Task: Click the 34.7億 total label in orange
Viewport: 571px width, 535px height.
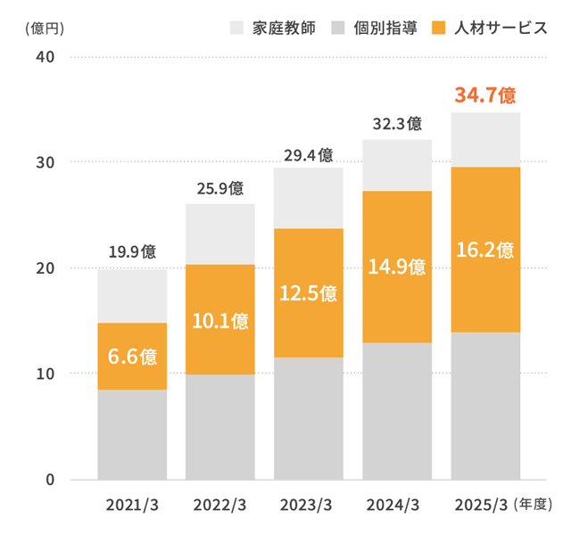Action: [485, 95]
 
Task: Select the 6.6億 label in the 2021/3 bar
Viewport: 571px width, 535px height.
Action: [132, 357]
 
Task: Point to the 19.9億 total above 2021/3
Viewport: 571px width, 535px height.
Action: [132, 251]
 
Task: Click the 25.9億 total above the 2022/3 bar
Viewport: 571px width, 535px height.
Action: [219, 188]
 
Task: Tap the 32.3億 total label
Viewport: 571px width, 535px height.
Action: [396, 124]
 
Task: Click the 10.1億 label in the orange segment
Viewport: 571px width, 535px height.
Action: [219, 321]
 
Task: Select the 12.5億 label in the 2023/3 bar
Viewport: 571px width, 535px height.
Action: [308, 293]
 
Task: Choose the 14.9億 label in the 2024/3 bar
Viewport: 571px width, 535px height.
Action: [396, 267]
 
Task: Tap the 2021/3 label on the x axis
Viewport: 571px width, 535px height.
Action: [132, 506]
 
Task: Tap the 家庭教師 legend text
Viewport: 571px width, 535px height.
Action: [284, 28]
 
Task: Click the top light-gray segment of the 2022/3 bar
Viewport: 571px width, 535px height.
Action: [219, 234]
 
